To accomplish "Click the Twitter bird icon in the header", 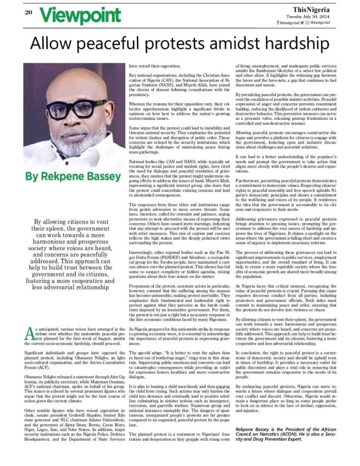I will pyautogui.click(x=301, y=22).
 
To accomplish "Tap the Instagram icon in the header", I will pyautogui.click(x=307, y=22).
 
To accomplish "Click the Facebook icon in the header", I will pyautogui.click(x=278, y=22).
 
